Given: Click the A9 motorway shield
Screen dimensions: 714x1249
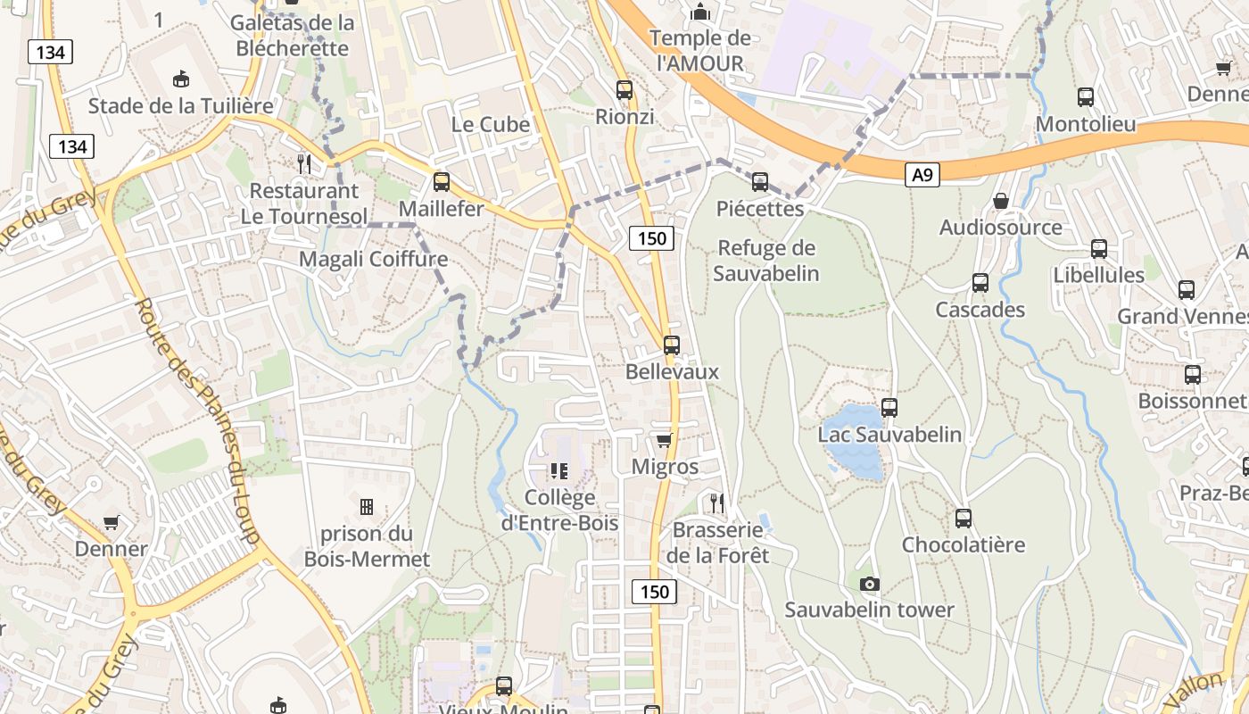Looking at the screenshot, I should click(x=922, y=175).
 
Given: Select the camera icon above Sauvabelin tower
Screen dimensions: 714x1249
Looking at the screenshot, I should click(x=869, y=584).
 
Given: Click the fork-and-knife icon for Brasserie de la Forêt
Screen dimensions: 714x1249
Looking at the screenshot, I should click(x=716, y=503).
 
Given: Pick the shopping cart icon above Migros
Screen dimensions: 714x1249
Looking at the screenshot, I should click(x=664, y=440).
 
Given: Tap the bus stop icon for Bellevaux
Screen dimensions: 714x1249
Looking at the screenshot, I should click(x=672, y=345).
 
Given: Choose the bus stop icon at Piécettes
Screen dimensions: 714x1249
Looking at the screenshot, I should click(x=760, y=182).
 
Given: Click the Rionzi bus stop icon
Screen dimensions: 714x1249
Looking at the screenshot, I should click(x=624, y=90).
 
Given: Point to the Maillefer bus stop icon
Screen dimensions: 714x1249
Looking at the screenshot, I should click(x=442, y=182).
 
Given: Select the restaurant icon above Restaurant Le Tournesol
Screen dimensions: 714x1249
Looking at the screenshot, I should click(x=304, y=163).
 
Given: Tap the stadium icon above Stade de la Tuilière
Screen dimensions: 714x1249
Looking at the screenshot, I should click(x=181, y=79).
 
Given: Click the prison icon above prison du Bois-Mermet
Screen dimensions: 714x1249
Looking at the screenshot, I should click(x=367, y=507).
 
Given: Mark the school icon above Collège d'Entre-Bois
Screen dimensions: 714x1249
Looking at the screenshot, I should click(x=559, y=470).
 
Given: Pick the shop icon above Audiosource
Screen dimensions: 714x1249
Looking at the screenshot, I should click(x=1001, y=201).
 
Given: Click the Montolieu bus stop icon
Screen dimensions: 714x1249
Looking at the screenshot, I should click(x=1086, y=97).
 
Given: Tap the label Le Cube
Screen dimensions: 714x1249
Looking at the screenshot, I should click(x=491, y=124).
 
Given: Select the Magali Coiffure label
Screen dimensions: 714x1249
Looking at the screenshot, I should click(x=373, y=259).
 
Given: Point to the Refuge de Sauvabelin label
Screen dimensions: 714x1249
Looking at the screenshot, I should click(x=767, y=261).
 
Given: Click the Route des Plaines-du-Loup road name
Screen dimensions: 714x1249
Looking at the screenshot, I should click(x=196, y=419).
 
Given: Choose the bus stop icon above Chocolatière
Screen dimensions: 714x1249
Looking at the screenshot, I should click(x=964, y=519).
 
